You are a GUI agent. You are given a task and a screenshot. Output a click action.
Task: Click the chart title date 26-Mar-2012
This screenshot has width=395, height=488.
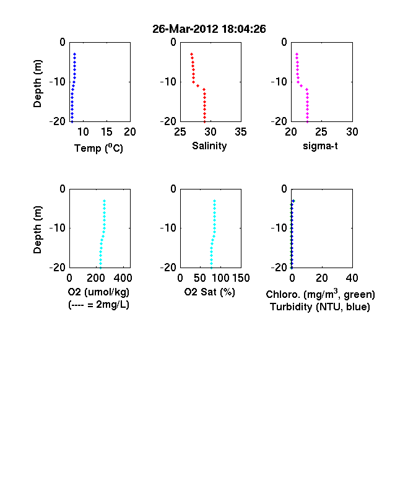[x=185, y=29]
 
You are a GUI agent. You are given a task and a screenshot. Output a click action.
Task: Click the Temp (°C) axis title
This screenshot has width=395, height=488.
[x=98, y=148]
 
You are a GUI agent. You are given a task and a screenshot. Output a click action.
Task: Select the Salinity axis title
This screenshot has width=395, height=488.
[x=209, y=146]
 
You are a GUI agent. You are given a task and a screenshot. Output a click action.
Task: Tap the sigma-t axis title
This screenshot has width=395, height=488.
[x=320, y=146]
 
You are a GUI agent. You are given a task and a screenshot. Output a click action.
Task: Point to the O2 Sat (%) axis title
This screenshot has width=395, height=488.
[x=210, y=292]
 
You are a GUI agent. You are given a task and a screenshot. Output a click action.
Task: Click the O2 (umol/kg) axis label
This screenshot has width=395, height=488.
[x=98, y=292]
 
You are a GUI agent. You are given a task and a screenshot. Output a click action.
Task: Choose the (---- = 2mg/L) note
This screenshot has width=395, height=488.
[x=98, y=304]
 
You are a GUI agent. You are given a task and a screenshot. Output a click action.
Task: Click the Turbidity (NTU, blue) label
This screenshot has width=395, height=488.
[x=320, y=307]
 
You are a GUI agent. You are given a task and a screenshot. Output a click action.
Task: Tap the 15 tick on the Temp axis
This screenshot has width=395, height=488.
[x=106, y=132]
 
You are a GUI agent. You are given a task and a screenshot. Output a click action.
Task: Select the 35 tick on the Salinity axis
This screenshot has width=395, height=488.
[x=241, y=132]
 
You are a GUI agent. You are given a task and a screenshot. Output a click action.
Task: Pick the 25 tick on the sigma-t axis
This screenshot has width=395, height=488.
[x=321, y=132]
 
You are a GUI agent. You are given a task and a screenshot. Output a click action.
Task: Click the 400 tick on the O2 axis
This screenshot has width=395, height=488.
[x=123, y=278]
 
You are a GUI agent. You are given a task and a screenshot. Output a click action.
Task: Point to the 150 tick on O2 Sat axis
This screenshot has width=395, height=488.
[x=241, y=278]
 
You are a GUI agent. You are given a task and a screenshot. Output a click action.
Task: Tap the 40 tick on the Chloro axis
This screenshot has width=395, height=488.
[x=352, y=278]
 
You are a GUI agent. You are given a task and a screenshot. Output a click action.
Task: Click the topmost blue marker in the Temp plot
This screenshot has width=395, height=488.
[x=75, y=54]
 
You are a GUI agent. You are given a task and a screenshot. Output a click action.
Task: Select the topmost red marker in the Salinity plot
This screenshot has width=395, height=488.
[x=191, y=54]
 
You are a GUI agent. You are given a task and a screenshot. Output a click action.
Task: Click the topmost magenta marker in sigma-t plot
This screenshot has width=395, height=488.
[x=297, y=54]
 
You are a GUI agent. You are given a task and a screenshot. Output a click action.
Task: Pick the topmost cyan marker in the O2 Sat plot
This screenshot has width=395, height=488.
[x=214, y=201]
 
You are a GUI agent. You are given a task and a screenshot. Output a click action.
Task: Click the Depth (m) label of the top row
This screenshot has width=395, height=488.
[x=37, y=84]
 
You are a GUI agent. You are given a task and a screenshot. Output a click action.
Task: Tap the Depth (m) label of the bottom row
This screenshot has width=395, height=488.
[x=37, y=230]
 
